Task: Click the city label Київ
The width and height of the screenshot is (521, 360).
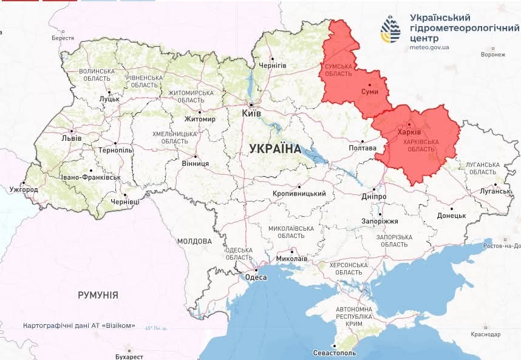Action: pyautogui.click(x=251, y=114)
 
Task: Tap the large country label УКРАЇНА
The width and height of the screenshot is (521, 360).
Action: pyautogui.click(x=275, y=149)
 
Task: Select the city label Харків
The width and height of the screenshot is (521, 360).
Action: pyautogui.click(x=408, y=132)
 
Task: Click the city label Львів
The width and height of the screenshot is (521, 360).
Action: pyautogui.click(x=71, y=138)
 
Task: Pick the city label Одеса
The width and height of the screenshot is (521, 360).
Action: pyautogui.click(x=256, y=277)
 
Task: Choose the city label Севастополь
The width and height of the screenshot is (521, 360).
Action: pyautogui.click(x=332, y=353)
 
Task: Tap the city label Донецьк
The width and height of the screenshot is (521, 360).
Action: pyautogui.click(x=451, y=216)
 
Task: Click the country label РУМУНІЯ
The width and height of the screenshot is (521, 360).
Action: pyautogui.click(x=98, y=295)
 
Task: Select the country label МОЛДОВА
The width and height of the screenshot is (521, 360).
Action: pyautogui.click(x=194, y=241)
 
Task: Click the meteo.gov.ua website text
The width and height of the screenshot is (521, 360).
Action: pyautogui.click(x=429, y=47)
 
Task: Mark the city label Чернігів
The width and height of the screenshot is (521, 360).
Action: pyautogui.click(x=273, y=65)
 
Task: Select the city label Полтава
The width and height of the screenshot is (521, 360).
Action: pyautogui.click(x=363, y=148)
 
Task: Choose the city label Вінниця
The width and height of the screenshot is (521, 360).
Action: pyautogui.click(x=196, y=164)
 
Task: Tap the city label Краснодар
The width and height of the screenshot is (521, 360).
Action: pyautogui.click(x=485, y=335)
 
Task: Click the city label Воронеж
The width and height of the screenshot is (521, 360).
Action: pyautogui.click(x=492, y=55)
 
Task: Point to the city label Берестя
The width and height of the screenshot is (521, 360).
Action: pyautogui.click(x=63, y=38)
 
